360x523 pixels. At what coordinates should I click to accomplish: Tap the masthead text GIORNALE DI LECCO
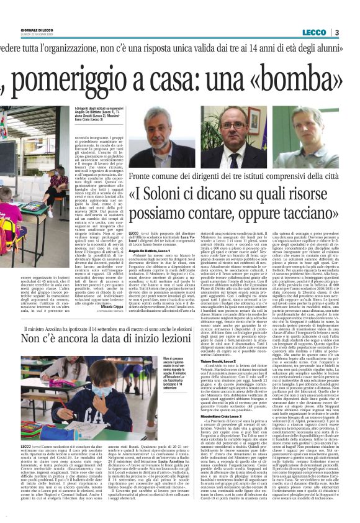pos(33,30)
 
